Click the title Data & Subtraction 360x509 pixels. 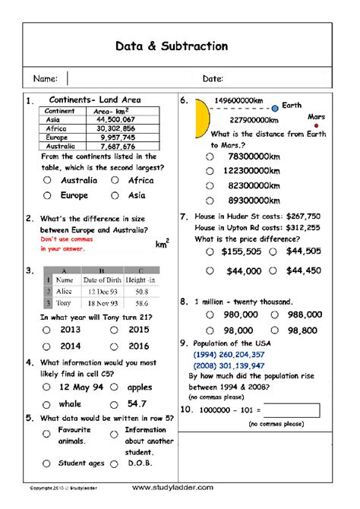(x=172, y=46)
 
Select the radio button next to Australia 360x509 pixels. (x=47, y=181)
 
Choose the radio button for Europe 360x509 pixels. (x=47, y=195)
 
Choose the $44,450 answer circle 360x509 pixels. (x=278, y=270)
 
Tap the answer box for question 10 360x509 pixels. (x=292, y=410)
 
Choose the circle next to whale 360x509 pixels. (x=47, y=404)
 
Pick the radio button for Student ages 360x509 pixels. (x=47, y=463)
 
